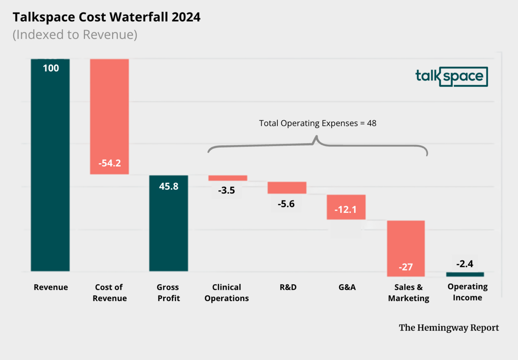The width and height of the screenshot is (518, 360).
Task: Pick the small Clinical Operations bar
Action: (x=227, y=178)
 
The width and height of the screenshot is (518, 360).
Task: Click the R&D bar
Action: (x=287, y=188)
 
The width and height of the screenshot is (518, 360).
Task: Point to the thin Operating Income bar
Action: (x=465, y=274)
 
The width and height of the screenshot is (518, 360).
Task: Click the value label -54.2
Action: (x=109, y=163)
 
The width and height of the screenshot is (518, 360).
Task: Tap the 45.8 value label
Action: (x=168, y=186)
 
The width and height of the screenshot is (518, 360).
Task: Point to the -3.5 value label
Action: (x=227, y=191)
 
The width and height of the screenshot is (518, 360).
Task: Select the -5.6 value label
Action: (x=286, y=204)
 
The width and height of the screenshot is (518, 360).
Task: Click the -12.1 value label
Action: (x=346, y=209)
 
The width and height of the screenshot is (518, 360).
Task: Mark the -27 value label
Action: (x=405, y=267)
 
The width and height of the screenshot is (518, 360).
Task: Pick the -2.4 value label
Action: (x=465, y=264)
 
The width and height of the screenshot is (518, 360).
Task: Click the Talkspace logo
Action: (x=451, y=76)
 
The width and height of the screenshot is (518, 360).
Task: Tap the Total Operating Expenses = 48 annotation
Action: (x=318, y=123)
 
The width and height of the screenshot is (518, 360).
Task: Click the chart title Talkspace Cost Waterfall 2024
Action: (x=106, y=17)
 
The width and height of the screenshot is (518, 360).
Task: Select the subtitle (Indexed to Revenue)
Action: (x=75, y=35)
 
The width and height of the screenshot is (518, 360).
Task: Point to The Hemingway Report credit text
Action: (x=449, y=328)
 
